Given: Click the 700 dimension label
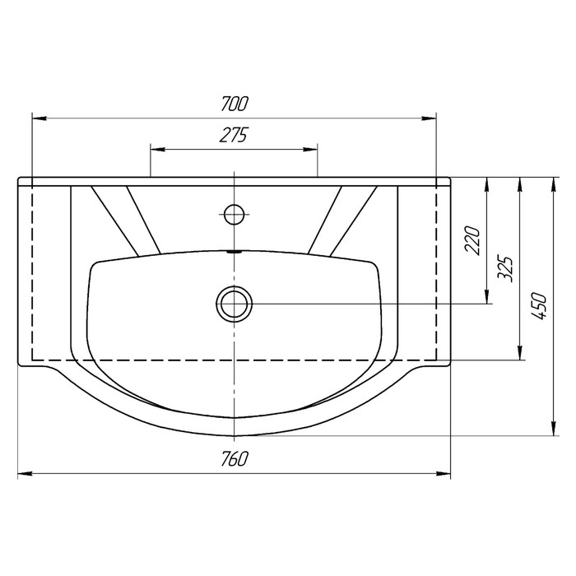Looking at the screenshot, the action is (235, 103).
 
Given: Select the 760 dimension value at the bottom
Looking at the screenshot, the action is (235, 458).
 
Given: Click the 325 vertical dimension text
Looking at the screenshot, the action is (504, 268).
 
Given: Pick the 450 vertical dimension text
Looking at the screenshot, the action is (539, 306).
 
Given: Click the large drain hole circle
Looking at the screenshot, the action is (235, 304).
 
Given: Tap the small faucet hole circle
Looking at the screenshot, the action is (235, 214).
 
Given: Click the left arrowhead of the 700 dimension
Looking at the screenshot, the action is (39, 118).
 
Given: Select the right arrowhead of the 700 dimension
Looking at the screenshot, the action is (429, 118).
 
